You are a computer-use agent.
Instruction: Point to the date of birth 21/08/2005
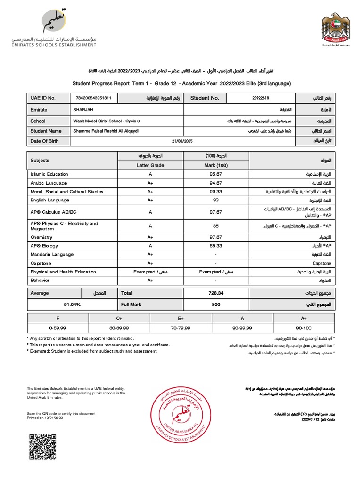pos(183,141)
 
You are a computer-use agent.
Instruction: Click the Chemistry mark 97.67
pos(215,238)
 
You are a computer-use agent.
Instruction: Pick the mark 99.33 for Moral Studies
pos(215,192)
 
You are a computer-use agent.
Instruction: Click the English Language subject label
pos(49,200)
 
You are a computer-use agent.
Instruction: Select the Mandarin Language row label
pos(52,255)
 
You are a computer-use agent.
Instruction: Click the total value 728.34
pos(215,293)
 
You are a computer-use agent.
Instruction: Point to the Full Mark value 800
pos(215,305)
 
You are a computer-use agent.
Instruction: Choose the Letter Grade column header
pos(150,165)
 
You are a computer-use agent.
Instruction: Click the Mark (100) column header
pos(215,165)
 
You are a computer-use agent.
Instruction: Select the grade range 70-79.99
pos(181,327)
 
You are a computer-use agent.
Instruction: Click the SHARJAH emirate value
pos(83,109)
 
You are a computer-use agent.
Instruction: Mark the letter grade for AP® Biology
pos(150,246)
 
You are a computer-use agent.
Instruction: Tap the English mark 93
pos(215,200)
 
